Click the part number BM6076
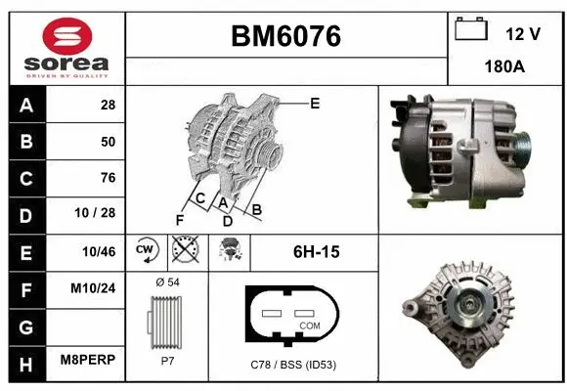coord(285,36)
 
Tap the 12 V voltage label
coord(523,34)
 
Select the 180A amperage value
coord(505,68)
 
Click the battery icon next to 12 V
coord(471,30)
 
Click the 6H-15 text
coord(316,252)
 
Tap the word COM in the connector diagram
coord(310,326)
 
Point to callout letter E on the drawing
coord(315,103)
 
